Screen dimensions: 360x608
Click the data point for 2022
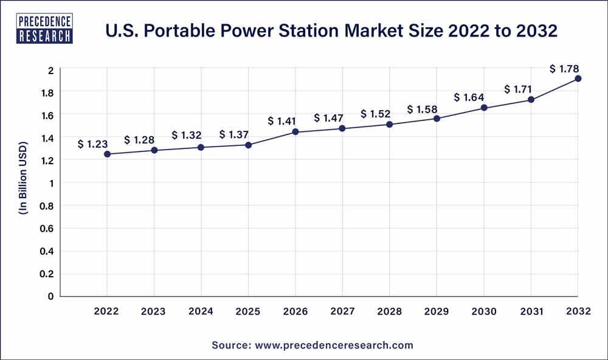[x=107, y=154]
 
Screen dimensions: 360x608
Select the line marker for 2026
[x=295, y=132]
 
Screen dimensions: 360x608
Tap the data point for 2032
[x=578, y=78]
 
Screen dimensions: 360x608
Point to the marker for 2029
[x=437, y=118]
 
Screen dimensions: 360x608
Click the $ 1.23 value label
[x=92, y=144]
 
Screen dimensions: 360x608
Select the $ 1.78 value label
[x=565, y=69]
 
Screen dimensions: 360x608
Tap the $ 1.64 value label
[x=469, y=97]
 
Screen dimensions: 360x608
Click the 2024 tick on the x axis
[x=201, y=311]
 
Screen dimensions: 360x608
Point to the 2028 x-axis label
[x=390, y=311]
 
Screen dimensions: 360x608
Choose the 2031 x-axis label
[x=531, y=311]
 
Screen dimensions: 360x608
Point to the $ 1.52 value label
[x=376, y=114]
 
